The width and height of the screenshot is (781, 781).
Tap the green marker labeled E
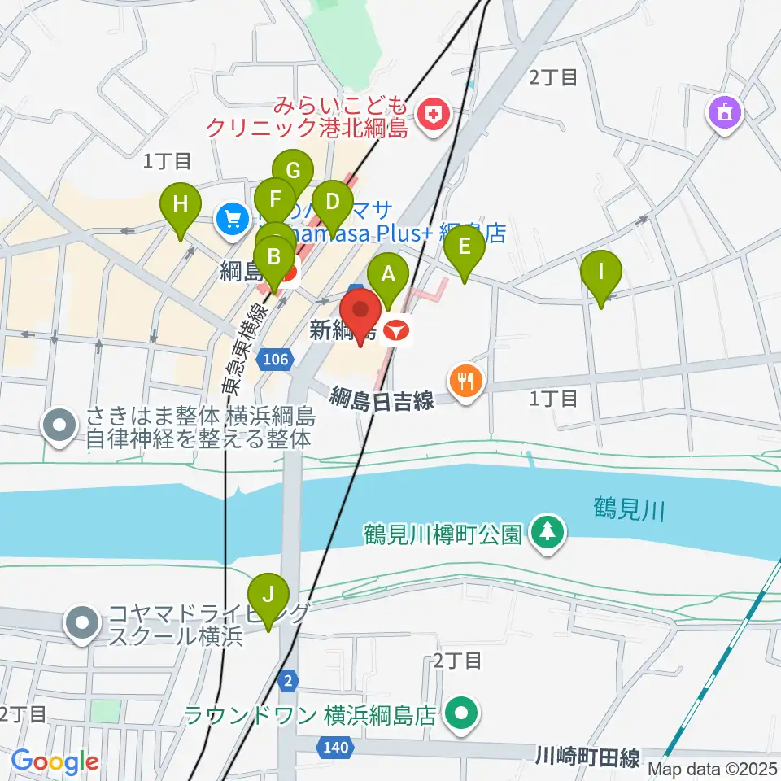tap(465, 247)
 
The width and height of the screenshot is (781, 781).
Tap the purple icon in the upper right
tap(724, 111)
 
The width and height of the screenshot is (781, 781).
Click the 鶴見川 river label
tap(629, 511)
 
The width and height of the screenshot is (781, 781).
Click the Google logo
tap(55, 761)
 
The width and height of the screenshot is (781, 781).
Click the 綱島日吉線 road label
tap(382, 399)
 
